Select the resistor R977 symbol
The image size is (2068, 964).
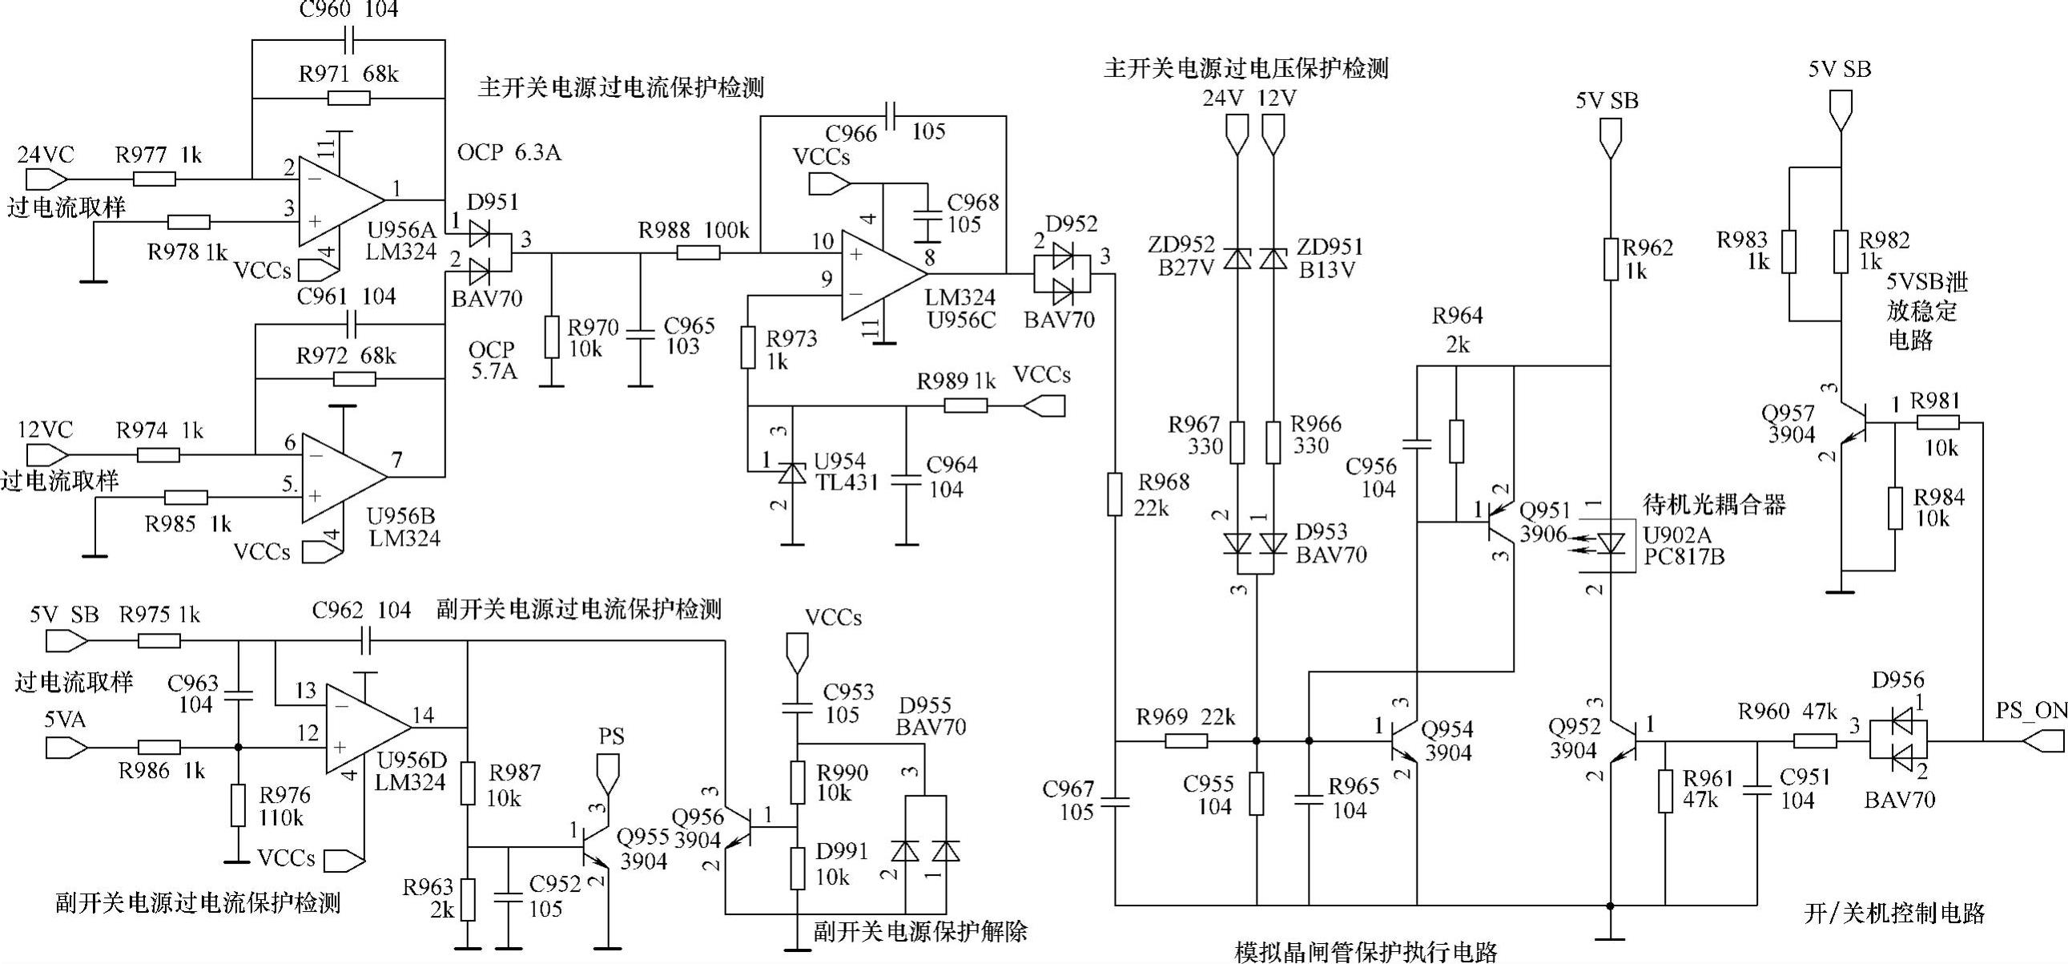[x=153, y=179]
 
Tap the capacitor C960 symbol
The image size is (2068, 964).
[x=349, y=38]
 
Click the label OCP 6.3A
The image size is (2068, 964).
[x=509, y=152]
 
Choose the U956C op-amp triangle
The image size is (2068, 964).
[x=882, y=274]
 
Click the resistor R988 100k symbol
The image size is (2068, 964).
[x=698, y=253]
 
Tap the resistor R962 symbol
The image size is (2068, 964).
[x=1611, y=259]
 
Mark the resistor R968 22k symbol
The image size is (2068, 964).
[x=1114, y=494]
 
